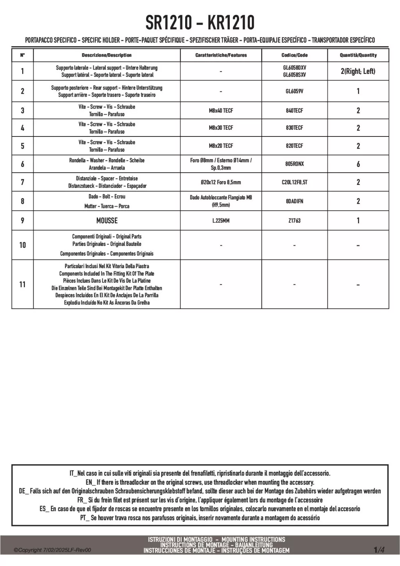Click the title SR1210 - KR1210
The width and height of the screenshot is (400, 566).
pyautogui.click(x=200, y=23)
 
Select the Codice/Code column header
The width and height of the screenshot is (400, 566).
pyautogui.click(x=294, y=55)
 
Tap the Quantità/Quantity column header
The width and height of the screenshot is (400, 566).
pyautogui.click(x=358, y=55)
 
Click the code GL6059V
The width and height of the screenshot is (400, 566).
pyautogui.click(x=294, y=91)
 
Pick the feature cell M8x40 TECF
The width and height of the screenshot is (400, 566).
pyautogui.click(x=221, y=111)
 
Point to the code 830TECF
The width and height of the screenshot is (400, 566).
pyautogui.click(x=294, y=128)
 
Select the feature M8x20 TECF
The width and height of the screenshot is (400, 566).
pyautogui.click(x=221, y=146)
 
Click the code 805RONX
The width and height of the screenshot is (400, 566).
pyautogui.click(x=294, y=164)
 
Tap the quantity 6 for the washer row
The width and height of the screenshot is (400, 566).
pyautogui.click(x=358, y=164)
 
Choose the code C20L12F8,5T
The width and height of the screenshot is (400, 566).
pyautogui.click(x=294, y=182)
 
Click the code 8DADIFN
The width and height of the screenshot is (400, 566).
pyautogui.click(x=294, y=201)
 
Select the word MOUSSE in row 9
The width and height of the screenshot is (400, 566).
pyautogui.click(x=107, y=220)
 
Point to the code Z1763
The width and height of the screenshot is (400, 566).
pyautogui.click(x=294, y=220)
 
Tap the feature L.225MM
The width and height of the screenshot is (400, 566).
pyautogui.click(x=221, y=220)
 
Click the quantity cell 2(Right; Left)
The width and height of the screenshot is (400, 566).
pyautogui.click(x=358, y=71)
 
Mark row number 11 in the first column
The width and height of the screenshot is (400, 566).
pyautogui.click(x=22, y=284)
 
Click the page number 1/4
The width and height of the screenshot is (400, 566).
pyautogui.click(x=379, y=550)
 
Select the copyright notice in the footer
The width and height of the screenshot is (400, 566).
pyautogui.click(x=52, y=550)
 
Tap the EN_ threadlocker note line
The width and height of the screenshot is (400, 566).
pyautogui.click(x=200, y=482)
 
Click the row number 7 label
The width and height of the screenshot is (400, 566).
pyautogui.click(x=22, y=182)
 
